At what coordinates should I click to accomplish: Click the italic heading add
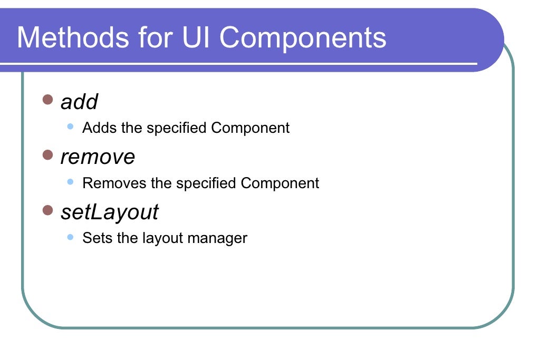79,102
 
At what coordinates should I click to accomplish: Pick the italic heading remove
98,157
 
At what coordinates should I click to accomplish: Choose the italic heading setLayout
109,212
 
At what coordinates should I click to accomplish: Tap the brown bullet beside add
48,99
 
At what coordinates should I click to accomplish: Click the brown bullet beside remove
48,154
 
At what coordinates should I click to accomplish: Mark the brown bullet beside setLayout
48,210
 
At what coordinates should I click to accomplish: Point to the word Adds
98,128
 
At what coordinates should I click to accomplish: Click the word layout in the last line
161,238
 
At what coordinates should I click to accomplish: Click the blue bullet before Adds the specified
70,127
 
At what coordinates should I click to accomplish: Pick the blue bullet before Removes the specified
70,182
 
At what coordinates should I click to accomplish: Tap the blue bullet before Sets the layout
70,237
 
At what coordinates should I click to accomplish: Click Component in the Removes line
279,183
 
